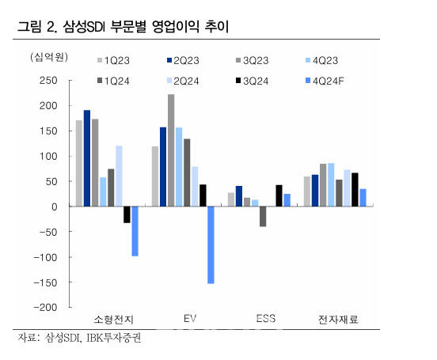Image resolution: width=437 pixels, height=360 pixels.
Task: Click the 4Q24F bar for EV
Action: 211,244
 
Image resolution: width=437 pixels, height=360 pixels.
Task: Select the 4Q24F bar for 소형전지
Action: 135,231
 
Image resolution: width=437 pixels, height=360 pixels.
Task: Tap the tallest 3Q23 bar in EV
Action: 172,150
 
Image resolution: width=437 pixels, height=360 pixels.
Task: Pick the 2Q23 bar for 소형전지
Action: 87,158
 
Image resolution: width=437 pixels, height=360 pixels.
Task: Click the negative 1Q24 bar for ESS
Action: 263,216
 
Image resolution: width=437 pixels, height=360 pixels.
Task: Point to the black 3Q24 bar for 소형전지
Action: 127,214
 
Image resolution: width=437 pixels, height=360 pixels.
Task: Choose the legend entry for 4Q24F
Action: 329,80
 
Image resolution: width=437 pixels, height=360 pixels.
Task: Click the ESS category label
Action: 266,320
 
